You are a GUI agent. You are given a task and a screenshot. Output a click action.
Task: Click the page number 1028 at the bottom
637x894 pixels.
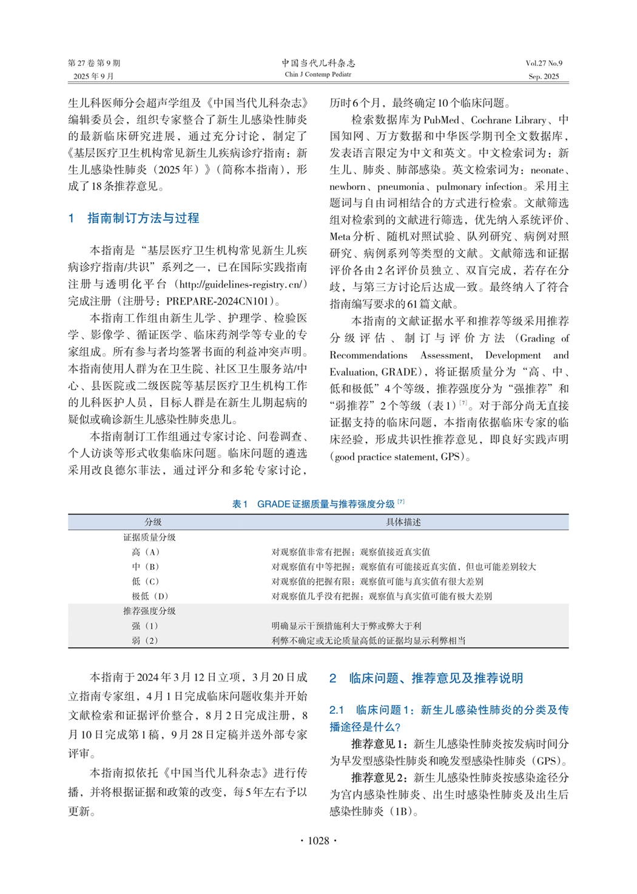(x=318, y=841)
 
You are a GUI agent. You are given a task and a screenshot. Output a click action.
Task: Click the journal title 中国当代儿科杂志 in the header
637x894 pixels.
(x=318, y=63)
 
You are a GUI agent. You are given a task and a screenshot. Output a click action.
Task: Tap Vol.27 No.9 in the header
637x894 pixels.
(x=544, y=63)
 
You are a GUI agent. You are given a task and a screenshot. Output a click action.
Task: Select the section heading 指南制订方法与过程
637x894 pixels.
(x=143, y=218)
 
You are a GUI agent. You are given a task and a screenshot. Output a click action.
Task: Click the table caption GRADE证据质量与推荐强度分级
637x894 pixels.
(x=326, y=504)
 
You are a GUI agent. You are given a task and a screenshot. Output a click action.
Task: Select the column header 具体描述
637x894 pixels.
(x=403, y=522)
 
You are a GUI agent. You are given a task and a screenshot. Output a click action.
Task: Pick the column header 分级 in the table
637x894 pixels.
(x=153, y=522)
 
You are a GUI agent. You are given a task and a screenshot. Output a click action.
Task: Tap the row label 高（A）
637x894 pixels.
(x=146, y=552)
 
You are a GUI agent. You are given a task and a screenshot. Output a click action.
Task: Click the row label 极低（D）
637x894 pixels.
(x=150, y=597)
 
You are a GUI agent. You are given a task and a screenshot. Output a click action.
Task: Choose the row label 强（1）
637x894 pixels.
(x=145, y=626)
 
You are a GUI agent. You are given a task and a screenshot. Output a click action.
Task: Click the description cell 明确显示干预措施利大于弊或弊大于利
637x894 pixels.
(x=346, y=626)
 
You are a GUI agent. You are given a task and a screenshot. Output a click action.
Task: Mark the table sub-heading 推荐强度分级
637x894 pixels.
(x=149, y=611)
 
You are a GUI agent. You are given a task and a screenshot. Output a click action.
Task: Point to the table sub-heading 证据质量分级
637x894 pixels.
(x=149, y=537)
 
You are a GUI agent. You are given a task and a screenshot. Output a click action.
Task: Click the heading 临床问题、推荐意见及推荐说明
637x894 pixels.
(x=436, y=679)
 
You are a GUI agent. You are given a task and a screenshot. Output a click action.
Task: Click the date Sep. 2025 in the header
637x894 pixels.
(x=544, y=76)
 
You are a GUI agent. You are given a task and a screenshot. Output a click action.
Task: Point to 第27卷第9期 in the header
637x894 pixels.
(x=94, y=63)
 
